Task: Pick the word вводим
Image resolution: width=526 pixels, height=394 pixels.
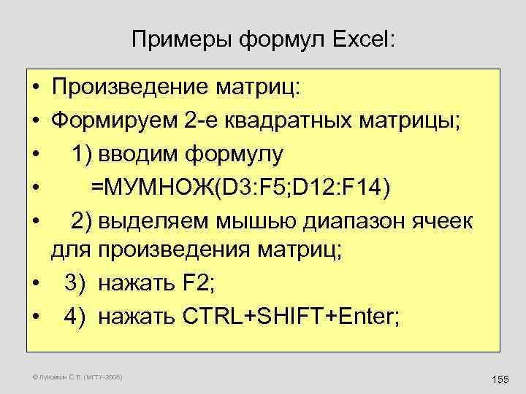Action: (x=135, y=153)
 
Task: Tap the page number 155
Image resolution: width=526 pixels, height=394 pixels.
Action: (x=500, y=379)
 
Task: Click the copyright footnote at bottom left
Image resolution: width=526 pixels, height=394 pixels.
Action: (x=77, y=377)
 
